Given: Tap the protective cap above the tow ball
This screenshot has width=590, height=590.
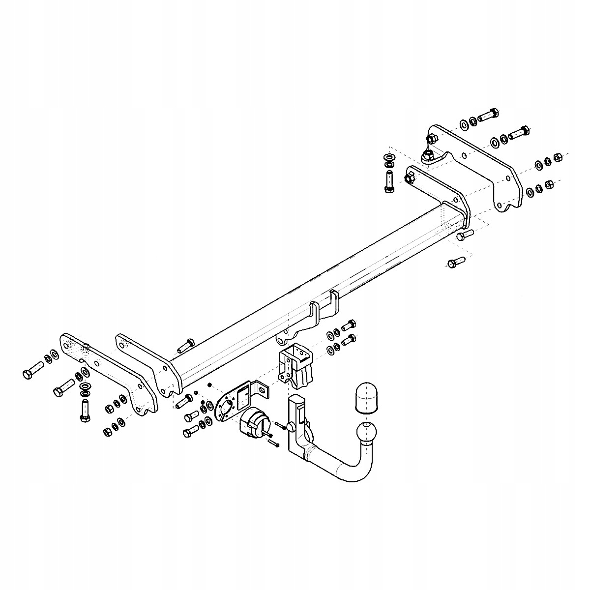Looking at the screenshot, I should (364, 396).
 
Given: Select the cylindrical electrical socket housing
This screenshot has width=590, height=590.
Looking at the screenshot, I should (254, 421).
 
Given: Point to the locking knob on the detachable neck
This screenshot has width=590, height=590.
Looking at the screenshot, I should (292, 425).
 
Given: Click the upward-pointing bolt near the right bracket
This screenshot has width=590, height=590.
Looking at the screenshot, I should (388, 181).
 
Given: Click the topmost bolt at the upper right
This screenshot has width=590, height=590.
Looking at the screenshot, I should (488, 116).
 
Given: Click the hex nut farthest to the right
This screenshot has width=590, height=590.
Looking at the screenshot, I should (558, 157).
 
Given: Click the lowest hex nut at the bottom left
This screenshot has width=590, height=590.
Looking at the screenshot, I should (106, 432).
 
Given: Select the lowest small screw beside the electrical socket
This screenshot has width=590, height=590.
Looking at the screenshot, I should (274, 443).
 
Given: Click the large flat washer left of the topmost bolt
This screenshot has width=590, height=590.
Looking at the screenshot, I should (464, 123).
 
